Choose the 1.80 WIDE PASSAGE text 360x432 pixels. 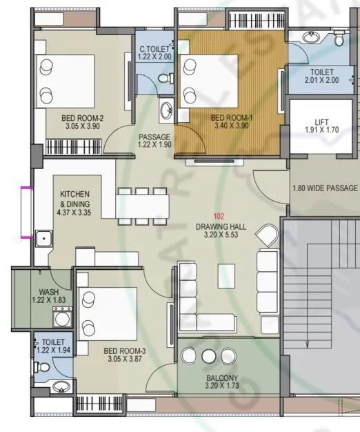coord(325,188)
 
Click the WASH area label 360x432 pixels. coord(48,292)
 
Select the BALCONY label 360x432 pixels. coord(221,378)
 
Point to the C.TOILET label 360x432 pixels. coord(154,50)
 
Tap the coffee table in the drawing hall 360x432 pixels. coord(226,276)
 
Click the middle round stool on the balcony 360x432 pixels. coord(210,355)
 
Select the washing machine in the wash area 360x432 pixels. coord(63,318)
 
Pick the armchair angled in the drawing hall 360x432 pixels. coord(266,237)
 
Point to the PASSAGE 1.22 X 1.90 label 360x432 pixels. coord(154,141)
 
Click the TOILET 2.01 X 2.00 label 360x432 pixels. coord(322,76)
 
